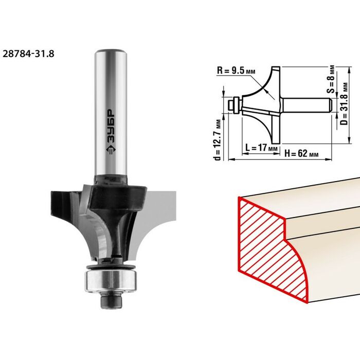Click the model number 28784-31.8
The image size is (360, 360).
click(28, 53)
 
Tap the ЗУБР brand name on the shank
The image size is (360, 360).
click(111, 125)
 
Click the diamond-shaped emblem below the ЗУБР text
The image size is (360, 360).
click(111, 150)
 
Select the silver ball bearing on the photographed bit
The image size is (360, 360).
click(111, 281)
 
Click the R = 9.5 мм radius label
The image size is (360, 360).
click(236, 70)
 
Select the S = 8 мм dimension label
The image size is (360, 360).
click(331, 79)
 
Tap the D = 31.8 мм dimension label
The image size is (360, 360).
click(344, 103)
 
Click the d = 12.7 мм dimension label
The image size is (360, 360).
click(218, 140)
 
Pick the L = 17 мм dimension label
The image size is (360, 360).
click(261, 147)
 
